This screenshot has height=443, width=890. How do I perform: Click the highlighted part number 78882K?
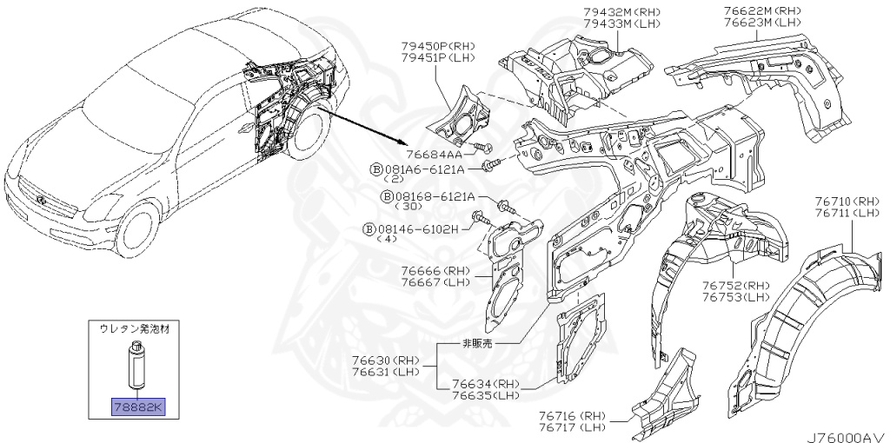[x=136, y=407]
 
